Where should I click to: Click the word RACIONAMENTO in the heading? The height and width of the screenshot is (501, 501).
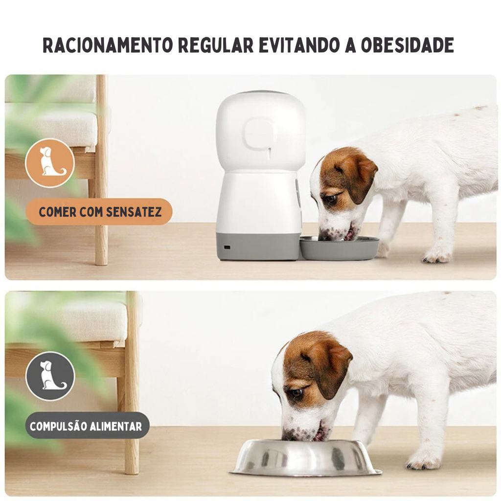click(x=108, y=45)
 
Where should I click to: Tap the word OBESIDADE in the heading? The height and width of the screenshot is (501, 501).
click(x=408, y=45)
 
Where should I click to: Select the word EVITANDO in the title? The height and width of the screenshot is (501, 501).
click(x=299, y=45)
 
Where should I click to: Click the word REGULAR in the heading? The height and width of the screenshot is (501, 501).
click(x=216, y=45)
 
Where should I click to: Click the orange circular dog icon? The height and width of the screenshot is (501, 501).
click(x=50, y=162)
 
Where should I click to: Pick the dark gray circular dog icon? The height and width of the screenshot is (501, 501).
click(x=50, y=376)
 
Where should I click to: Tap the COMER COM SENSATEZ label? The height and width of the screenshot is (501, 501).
click(x=99, y=212)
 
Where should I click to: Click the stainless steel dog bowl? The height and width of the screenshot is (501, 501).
click(x=306, y=458)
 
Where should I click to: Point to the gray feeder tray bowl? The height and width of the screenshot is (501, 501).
click(x=340, y=248)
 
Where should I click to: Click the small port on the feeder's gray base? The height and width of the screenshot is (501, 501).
click(x=227, y=247)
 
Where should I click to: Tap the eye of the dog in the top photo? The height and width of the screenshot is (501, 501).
click(x=331, y=199)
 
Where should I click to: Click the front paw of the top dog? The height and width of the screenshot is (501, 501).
click(x=437, y=256)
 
